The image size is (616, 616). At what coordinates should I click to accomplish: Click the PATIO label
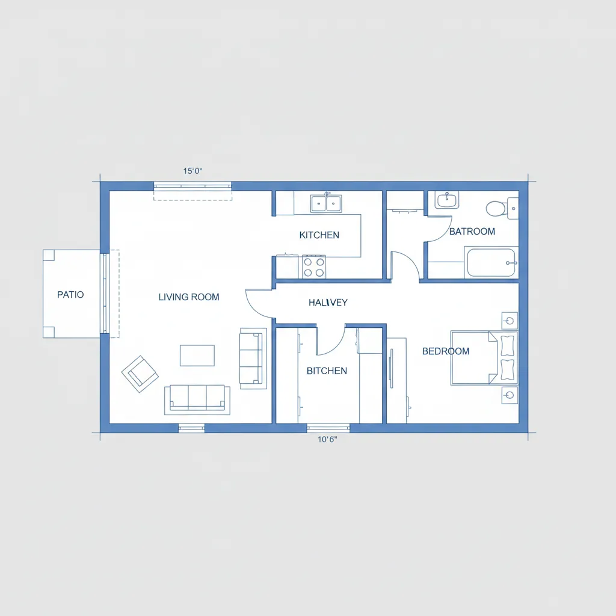pos(70,295)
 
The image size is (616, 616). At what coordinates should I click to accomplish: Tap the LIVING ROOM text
pos(189,297)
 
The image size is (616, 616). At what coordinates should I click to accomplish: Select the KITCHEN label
pos(319,235)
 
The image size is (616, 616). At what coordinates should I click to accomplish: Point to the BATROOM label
pos(472,232)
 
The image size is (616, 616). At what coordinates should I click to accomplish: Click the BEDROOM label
pos(446,351)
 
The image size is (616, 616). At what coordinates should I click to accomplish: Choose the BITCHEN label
pos(327,371)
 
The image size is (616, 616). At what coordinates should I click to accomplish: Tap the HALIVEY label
pos(328,303)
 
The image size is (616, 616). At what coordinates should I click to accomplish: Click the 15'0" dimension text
pos(192,171)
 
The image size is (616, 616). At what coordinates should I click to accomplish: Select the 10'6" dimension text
pos(327,439)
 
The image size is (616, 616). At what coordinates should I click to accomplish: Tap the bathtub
pos(491,262)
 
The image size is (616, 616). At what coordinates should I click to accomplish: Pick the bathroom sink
pos(447,200)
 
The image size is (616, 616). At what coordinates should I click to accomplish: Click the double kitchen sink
pos(326,203)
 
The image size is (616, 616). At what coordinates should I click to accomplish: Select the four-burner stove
pos(314,266)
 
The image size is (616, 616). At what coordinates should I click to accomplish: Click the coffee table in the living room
pos(197,356)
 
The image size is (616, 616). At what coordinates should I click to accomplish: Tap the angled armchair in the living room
pos(140,374)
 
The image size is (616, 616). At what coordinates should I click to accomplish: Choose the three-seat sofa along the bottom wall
pos(197,399)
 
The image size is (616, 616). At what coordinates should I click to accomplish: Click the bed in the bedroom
pos(484,357)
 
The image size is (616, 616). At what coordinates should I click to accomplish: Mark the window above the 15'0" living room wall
pos(192,186)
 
